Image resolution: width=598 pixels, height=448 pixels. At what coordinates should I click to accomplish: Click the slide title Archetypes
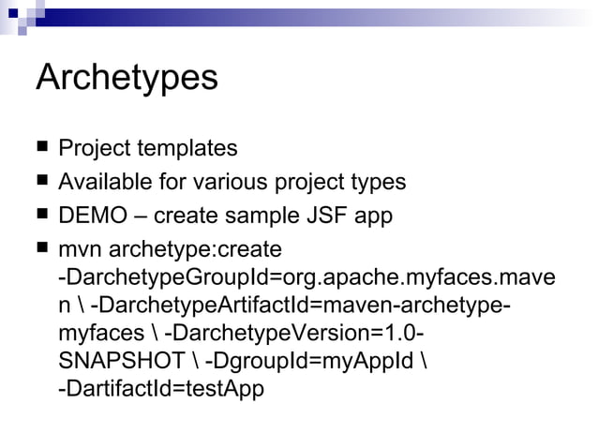click(x=127, y=78)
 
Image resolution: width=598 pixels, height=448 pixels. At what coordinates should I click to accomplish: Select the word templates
click(x=187, y=148)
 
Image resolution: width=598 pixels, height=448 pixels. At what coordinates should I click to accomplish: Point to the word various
click(x=234, y=182)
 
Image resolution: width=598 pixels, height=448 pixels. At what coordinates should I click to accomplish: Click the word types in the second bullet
click(x=379, y=182)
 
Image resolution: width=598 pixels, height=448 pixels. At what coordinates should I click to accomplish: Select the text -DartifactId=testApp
click(x=161, y=388)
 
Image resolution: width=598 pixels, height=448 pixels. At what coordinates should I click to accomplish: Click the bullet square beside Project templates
click(x=41, y=148)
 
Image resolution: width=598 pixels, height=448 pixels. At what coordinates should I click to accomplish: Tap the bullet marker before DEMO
click(x=41, y=216)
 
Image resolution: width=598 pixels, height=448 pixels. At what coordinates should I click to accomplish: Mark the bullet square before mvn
click(x=41, y=249)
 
